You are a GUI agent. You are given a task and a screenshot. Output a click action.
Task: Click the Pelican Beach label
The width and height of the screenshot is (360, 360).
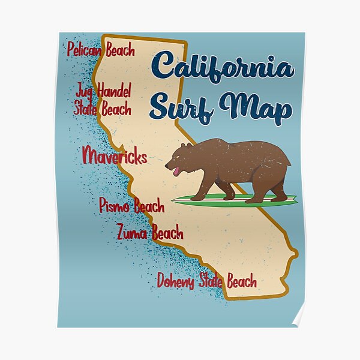click(x=101, y=49)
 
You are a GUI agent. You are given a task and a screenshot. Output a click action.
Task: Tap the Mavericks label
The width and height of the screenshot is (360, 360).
click(x=114, y=158)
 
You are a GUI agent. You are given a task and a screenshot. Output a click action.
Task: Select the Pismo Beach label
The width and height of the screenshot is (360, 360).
click(x=131, y=206)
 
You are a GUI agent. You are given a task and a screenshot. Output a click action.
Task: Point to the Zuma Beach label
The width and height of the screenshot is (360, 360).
click(x=150, y=232)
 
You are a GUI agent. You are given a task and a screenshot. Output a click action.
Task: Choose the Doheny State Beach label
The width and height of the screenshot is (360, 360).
click(x=206, y=281)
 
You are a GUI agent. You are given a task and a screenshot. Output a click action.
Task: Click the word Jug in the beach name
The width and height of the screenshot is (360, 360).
click(x=85, y=92)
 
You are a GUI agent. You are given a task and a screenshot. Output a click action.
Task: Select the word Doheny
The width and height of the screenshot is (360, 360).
click(x=175, y=281)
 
